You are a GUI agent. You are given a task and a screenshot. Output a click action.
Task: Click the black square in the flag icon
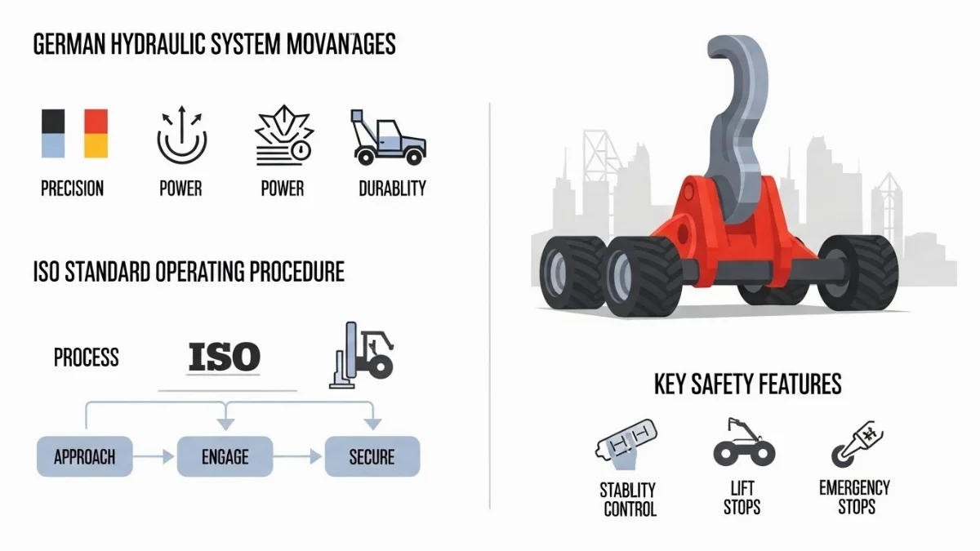coord(52,121)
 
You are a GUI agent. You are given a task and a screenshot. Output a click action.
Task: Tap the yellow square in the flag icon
coord(96,146)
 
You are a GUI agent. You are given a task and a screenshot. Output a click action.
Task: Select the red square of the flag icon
coord(96,121)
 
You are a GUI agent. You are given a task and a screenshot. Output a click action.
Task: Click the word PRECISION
coord(73,189)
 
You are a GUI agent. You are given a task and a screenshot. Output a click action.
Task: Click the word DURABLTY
coord(392,189)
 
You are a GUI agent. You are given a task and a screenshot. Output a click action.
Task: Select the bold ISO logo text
coord(224,357)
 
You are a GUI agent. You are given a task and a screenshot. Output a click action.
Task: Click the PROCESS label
coord(86,358)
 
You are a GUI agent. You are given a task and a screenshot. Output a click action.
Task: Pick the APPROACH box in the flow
coord(84,456)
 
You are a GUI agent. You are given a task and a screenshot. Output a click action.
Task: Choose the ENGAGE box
coord(225,456)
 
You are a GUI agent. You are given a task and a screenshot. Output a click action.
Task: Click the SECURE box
coord(372,456)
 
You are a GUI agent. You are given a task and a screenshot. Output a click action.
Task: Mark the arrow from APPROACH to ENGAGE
coord(154,456)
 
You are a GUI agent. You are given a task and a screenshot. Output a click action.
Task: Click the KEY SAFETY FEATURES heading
coord(747,384)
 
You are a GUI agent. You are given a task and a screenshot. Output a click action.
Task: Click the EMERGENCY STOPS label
coord(854,497)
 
